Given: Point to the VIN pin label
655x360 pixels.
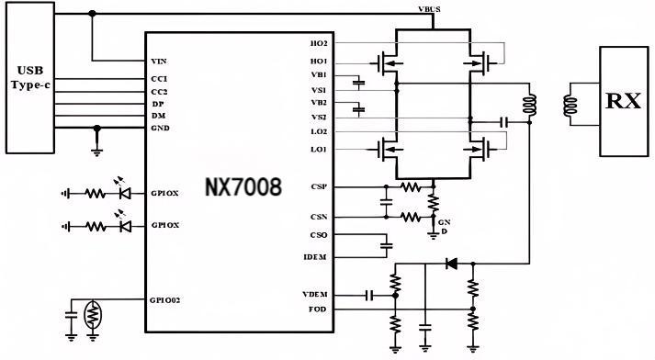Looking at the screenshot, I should click(158, 62).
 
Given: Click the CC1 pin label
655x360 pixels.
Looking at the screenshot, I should click(159, 79).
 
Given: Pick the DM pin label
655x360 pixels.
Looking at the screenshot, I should click(158, 115).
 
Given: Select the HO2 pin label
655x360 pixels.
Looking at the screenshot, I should click(319, 44).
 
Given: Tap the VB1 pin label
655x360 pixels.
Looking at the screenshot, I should click(319, 74).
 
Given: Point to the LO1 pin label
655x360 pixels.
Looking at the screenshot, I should click(319, 149).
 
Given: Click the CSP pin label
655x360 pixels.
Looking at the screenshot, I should click(319, 186).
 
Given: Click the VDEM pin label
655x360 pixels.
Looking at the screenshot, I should click(316, 294).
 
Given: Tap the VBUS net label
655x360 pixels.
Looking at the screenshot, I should click(427, 8).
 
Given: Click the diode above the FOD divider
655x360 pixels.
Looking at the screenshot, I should click(451, 264).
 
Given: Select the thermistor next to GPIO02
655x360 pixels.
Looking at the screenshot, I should click(92, 315).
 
